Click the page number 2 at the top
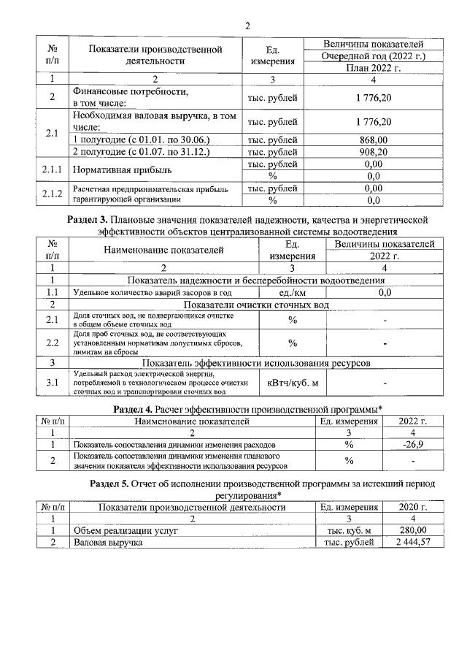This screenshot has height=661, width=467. click(247, 26)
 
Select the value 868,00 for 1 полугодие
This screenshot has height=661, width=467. click(374, 140)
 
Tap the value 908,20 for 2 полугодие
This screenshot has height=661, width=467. click(374, 152)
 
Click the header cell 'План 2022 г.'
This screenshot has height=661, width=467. click(374, 67)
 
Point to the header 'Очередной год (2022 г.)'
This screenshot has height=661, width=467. click(374, 56)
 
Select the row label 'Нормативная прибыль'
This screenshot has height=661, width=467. click(121, 170)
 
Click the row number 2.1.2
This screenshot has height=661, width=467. click(51, 194)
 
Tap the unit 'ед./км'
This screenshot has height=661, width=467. click(292, 292)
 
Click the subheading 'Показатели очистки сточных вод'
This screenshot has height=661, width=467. click(256, 304)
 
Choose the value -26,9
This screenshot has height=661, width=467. click(413, 443)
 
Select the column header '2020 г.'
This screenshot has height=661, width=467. click(413, 506)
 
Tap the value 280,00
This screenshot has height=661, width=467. click(413, 530)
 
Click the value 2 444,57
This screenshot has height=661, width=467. click(413, 543)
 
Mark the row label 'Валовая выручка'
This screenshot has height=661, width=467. click(107, 543)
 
